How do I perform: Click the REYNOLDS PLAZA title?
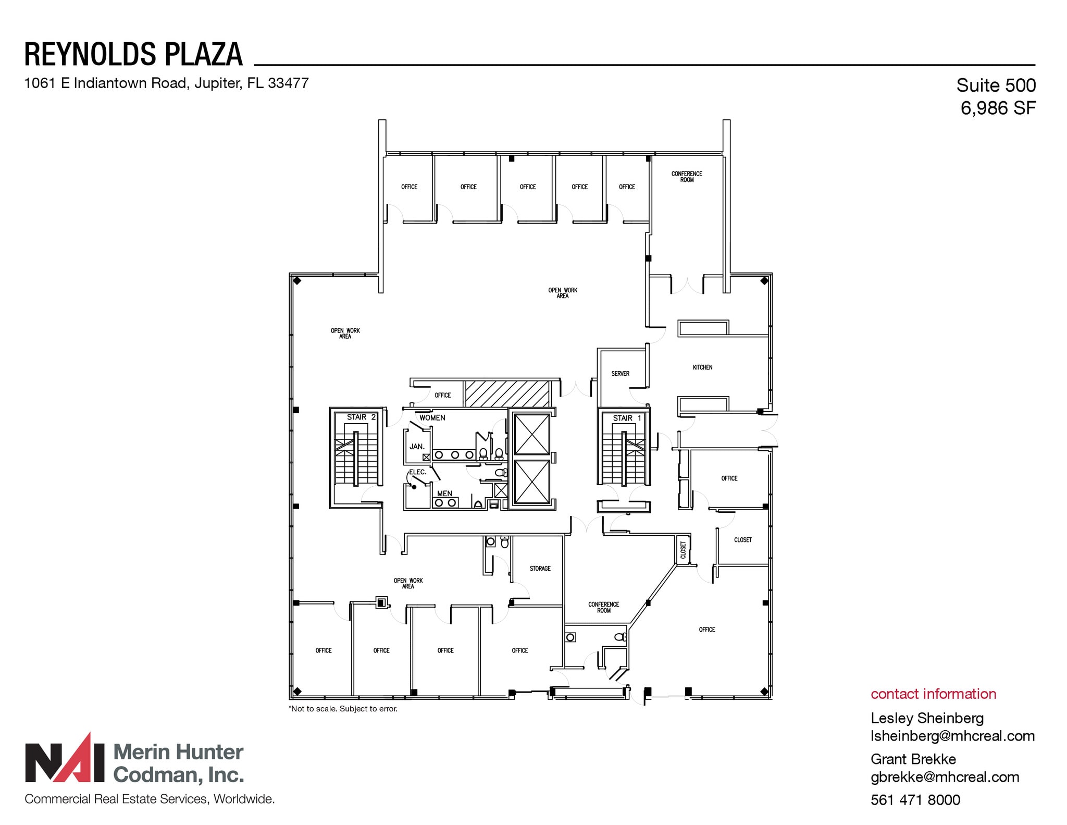(133, 54)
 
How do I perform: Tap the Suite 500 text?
(996, 85)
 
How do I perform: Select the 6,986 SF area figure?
(998, 108)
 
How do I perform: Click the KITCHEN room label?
(702, 367)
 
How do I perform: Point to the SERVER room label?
(620, 374)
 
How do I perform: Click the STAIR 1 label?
(627, 418)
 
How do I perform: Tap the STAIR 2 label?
(361, 417)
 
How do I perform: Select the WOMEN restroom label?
(432, 417)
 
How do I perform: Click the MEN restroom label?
(444, 493)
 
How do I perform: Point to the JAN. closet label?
(417, 447)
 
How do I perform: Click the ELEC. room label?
(417, 472)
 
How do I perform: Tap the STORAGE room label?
(540, 569)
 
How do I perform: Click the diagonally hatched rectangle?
(507, 393)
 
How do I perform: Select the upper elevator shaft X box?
(531, 434)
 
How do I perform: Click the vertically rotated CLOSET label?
(683, 550)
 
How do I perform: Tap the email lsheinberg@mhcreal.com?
(952, 736)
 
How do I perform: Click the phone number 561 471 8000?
(915, 799)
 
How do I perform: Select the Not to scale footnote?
(343, 709)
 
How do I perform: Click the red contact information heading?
(933, 694)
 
